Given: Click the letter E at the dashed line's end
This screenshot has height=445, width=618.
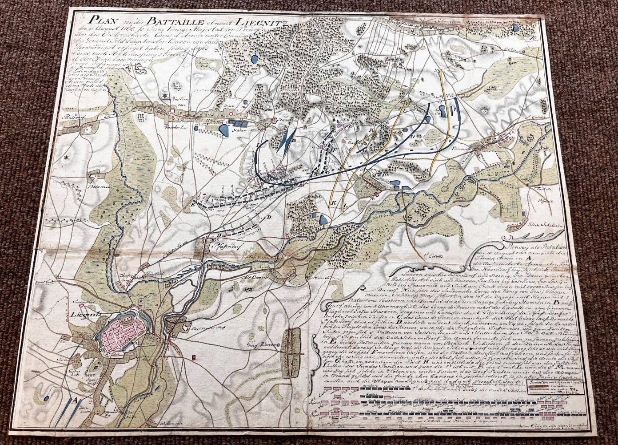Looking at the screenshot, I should click(192, 206).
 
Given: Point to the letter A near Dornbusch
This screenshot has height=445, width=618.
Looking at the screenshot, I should click(75, 400).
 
